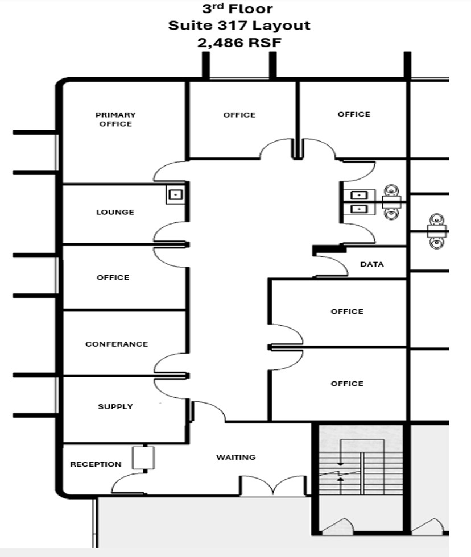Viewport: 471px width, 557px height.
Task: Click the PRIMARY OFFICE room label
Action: point(115,119)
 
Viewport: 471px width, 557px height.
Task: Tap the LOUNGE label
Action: point(115,212)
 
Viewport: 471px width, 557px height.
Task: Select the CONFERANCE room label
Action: point(117,344)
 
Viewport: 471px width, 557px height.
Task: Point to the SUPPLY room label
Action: point(115,406)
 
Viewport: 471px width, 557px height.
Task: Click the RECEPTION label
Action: point(96,464)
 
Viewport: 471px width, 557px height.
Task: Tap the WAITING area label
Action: point(235,457)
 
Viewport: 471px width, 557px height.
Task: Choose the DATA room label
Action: point(372,264)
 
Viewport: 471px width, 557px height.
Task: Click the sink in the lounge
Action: point(176,194)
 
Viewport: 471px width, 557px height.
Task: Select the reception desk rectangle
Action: point(143,458)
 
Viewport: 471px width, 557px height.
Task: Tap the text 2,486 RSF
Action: point(239,43)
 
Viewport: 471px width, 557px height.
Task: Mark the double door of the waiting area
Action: point(273,485)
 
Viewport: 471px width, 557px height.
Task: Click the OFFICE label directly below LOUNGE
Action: point(113,277)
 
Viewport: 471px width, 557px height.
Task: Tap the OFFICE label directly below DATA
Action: point(347,311)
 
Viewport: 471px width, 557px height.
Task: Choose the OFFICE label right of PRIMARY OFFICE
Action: point(239,115)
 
